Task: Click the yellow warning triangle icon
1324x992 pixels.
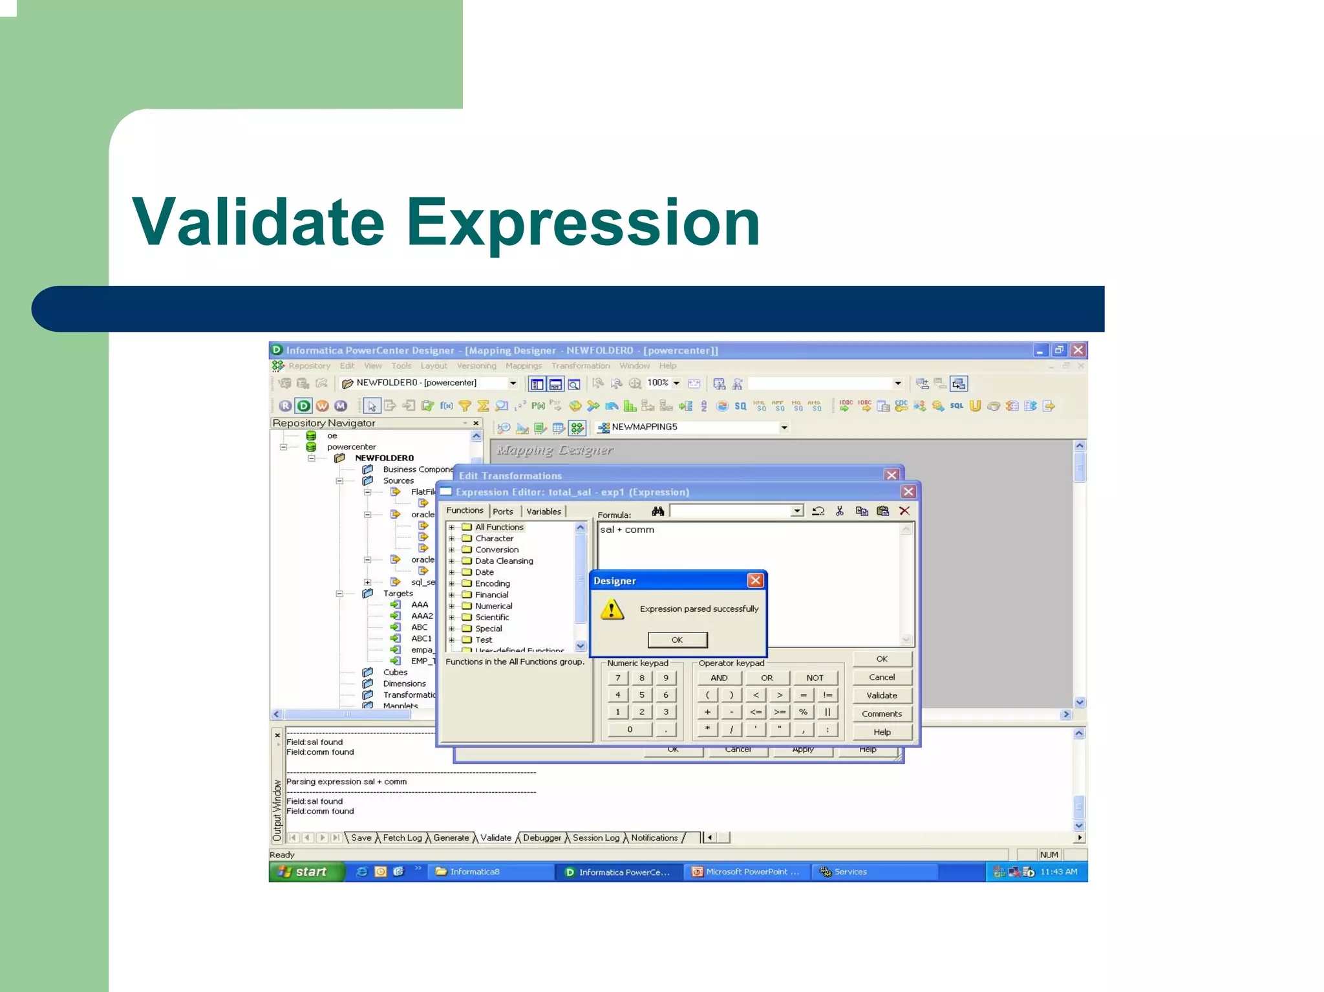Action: pos(612,609)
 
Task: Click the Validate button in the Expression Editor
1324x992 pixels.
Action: pos(881,695)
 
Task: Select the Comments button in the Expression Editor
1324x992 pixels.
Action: pos(881,714)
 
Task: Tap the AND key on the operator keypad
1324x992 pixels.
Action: pos(719,678)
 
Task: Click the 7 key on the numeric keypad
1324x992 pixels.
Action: pos(618,678)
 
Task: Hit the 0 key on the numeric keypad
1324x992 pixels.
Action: pos(630,729)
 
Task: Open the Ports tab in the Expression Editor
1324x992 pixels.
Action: pos(503,512)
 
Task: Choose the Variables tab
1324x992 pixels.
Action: pos(543,512)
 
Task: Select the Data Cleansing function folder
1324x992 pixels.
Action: pos(504,561)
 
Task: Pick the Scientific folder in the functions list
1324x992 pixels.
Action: pos(491,617)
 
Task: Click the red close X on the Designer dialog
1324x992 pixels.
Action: pos(755,580)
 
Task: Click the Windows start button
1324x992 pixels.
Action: pos(304,872)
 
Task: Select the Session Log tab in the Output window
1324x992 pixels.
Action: pos(595,837)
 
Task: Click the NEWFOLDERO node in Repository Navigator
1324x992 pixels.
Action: pos(384,458)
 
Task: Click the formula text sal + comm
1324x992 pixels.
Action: pos(626,530)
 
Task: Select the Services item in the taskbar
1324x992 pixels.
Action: pos(849,872)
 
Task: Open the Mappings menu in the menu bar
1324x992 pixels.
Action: pos(523,366)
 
